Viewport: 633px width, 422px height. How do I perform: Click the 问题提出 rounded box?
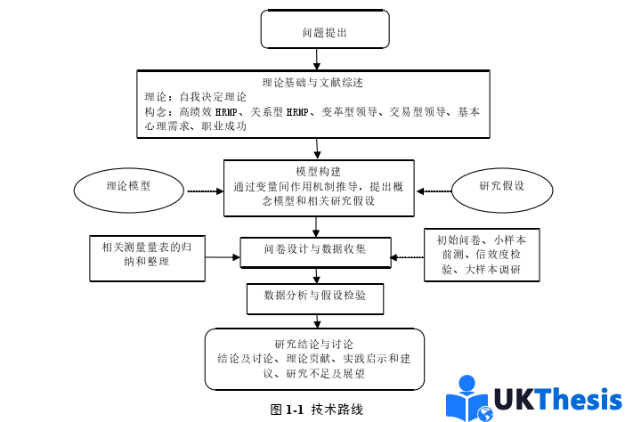click(x=324, y=32)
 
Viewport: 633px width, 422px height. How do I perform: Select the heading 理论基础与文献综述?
click(x=312, y=82)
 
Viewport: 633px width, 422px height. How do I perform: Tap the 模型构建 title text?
click(x=318, y=171)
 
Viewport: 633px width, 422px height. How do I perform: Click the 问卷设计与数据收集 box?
click(x=315, y=249)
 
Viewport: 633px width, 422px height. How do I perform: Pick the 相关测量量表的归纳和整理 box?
click(x=148, y=255)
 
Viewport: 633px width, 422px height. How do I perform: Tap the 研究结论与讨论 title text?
click(x=314, y=344)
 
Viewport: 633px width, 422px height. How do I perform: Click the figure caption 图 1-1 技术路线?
click(x=317, y=410)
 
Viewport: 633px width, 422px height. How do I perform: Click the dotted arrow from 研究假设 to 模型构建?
click(x=434, y=191)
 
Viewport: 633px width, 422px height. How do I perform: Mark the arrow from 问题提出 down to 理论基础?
click(x=318, y=59)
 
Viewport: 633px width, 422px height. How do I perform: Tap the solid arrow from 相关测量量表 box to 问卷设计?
click(x=223, y=256)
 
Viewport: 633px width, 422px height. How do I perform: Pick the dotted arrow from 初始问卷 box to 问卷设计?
click(x=408, y=257)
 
